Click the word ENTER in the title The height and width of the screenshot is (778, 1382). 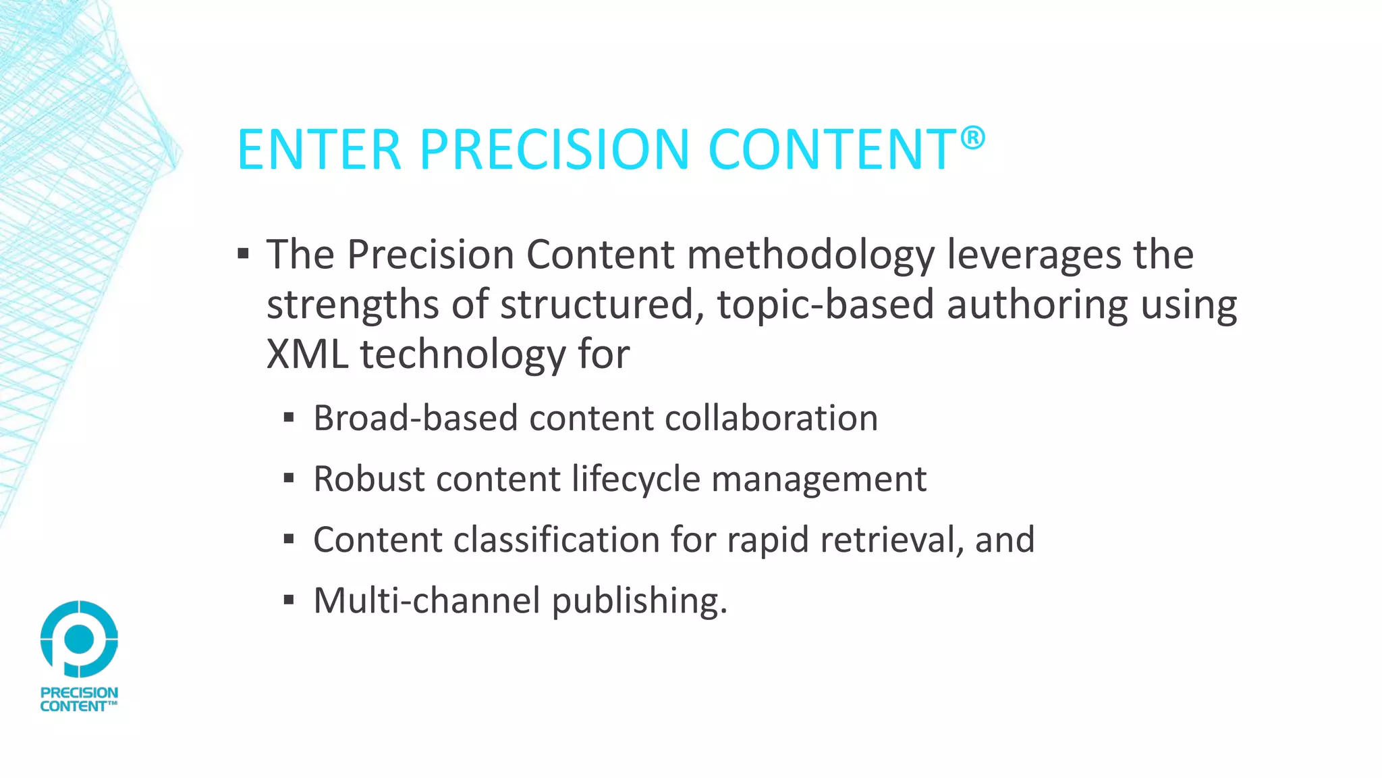(x=319, y=149)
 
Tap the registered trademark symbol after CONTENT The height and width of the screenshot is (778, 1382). (x=972, y=138)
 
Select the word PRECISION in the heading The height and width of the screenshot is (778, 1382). (x=554, y=149)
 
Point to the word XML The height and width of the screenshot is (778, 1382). (x=307, y=354)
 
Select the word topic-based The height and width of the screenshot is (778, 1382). (x=825, y=305)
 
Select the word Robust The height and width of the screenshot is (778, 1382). (x=369, y=479)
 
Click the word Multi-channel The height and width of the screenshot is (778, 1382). (x=426, y=600)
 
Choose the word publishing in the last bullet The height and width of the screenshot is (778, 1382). (x=639, y=600)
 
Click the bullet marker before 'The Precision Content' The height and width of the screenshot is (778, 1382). (x=244, y=255)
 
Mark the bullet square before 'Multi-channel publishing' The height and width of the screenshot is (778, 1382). (x=289, y=600)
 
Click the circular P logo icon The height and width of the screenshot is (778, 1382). (x=79, y=639)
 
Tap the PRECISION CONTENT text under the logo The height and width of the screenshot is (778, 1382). (x=79, y=700)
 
